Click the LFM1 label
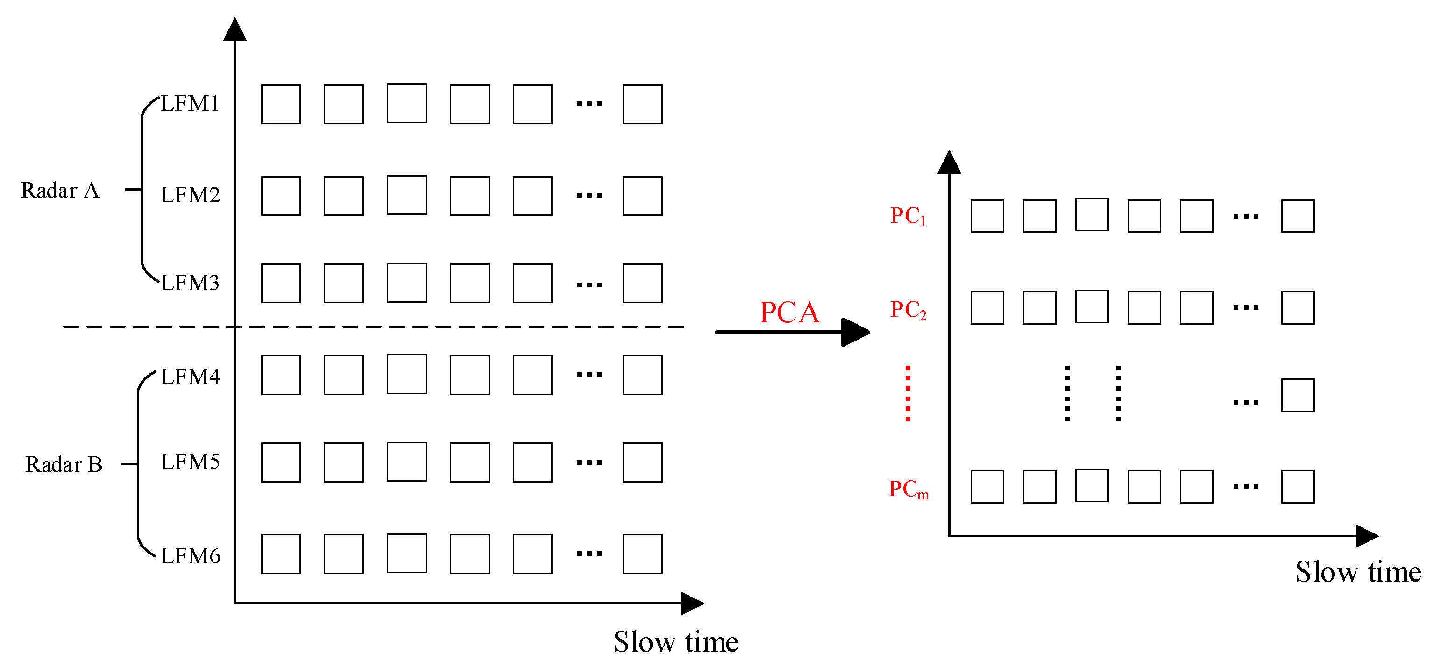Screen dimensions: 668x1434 (190, 104)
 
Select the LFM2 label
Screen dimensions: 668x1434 (190, 195)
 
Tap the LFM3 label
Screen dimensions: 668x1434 (190, 283)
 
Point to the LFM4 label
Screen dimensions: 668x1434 (190, 377)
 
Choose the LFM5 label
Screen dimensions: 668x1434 (190, 462)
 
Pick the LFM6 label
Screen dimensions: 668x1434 (190, 556)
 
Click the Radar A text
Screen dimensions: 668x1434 (60, 191)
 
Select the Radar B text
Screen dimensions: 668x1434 (64, 465)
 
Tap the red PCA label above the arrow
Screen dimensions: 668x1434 (789, 313)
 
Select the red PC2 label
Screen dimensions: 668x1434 (908, 310)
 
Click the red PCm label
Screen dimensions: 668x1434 (908, 489)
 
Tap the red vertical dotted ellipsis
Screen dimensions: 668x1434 (908, 394)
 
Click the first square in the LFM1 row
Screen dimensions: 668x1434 (281, 104)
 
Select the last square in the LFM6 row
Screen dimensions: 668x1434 (642, 554)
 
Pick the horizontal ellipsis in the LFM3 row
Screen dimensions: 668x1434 (589, 285)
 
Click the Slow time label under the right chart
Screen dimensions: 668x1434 (1358, 572)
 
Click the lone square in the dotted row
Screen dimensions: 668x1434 (1298, 395)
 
